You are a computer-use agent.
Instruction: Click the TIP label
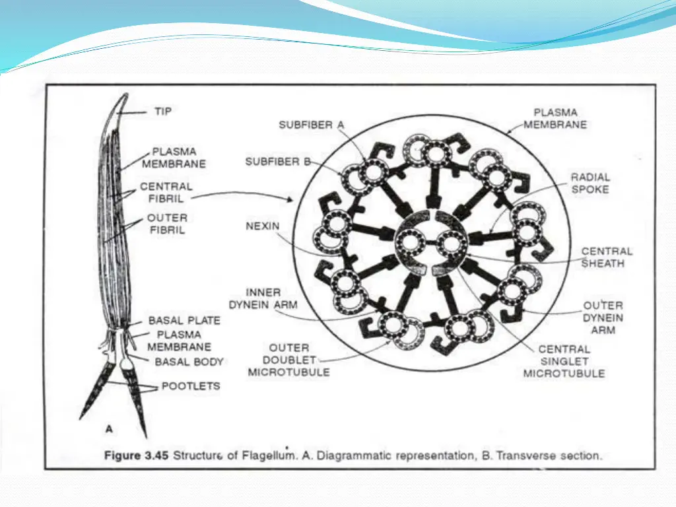click(162, 112)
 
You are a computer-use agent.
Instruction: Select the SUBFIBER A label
click(311, 124)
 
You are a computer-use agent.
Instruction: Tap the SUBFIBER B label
click(273, 161)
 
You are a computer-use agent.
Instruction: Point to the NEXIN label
click(263, 226)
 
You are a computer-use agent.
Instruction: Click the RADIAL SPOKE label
click(590, 183)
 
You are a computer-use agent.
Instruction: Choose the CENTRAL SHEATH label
click(607, 257)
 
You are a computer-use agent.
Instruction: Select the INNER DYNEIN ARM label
click(263, 298)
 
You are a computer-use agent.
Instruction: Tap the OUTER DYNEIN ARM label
click(603, 318)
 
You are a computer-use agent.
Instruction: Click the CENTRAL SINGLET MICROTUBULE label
click(564, 361)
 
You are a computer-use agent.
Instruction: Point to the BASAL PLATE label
click(184, 320)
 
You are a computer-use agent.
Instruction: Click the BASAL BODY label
click(189, 362)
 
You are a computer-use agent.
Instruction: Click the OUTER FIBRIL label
click(166, 224)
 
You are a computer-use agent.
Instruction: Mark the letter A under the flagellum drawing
click(110, 429)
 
